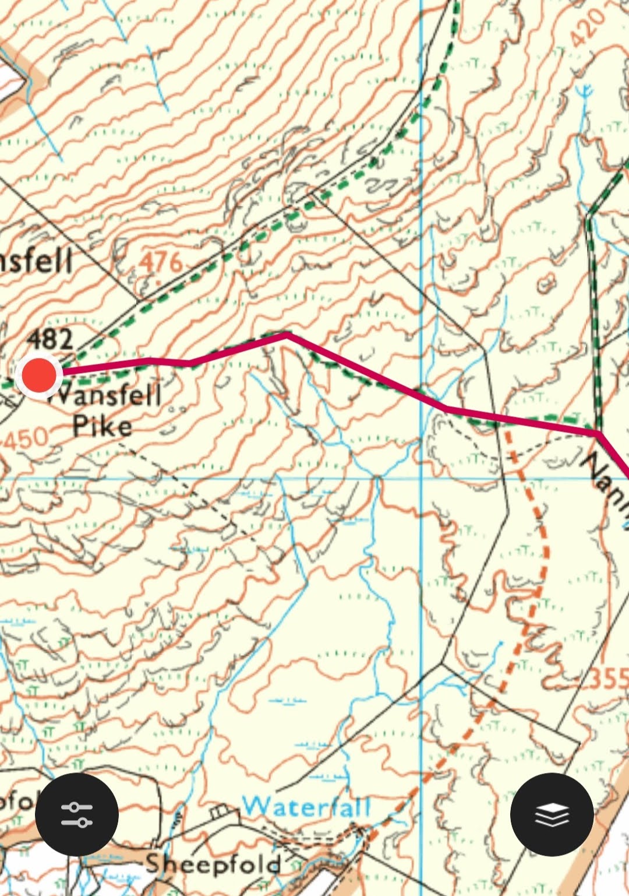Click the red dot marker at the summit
click(x=39, y=375)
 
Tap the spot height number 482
click(x=51, y=339)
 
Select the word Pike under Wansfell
click(x=103, y=426)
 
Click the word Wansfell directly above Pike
click(x=105, y=395)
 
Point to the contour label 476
click(x=161, y=263)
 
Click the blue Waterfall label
click(x=306, y=807)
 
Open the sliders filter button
click(x=77, y=814)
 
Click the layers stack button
click(x=552, y=814)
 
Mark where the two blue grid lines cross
click(x=422, y=477)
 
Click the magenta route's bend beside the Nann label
click(x=599, y=434)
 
